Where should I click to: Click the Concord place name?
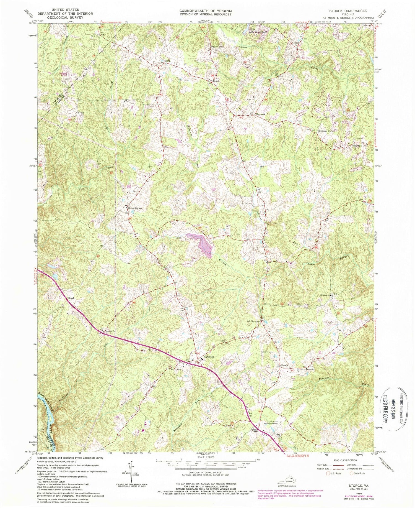[260, 114]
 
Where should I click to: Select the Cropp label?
[81, 113]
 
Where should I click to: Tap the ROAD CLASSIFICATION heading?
[342, 460]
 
